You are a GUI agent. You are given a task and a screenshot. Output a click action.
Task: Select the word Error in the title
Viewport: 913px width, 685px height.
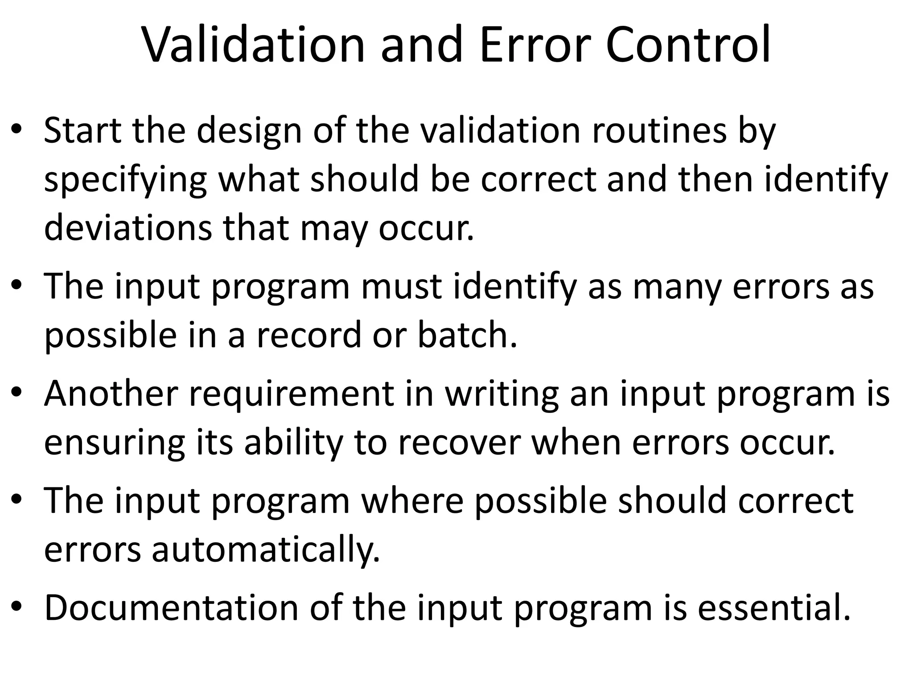(535, 45)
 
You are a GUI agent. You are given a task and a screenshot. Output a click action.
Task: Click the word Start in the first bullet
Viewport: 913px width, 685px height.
(82, 130)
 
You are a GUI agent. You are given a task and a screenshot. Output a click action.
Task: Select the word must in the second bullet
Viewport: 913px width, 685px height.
(401, 286)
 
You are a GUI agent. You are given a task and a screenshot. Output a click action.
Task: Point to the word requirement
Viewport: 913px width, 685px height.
(292, 393)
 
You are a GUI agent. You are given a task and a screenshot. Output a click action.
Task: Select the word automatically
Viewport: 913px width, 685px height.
(266, 549)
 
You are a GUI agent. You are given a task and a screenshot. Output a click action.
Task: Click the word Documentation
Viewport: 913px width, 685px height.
(172, 607)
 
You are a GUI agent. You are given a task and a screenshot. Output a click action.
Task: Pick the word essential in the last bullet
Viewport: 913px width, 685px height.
(773, 607)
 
